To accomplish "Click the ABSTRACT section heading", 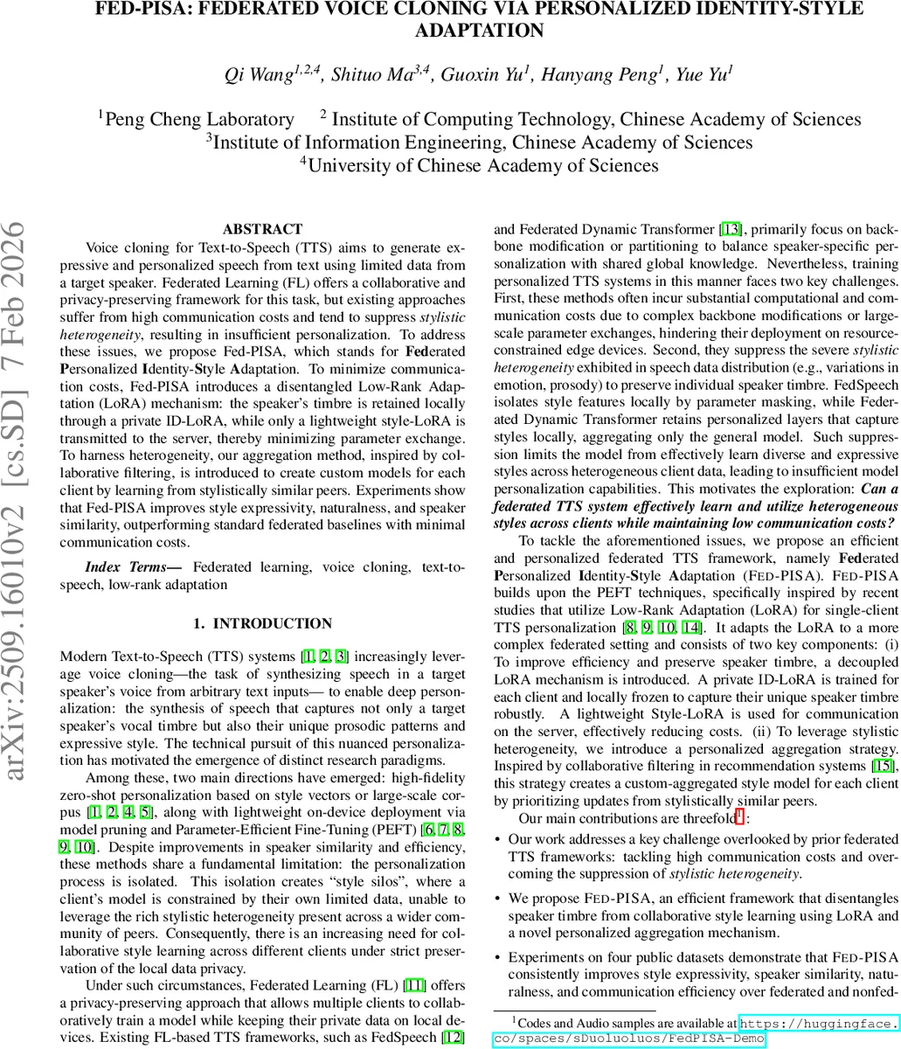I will tap(262, 229).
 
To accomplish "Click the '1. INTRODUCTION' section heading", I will tap(262, 623).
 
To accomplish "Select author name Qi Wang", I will tap(259, 74).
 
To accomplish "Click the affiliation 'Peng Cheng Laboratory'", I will tap(198, 120).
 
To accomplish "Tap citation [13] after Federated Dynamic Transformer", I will tap(730, 230).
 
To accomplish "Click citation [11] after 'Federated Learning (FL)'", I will tap(413, 986).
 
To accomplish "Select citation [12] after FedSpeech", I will tap(454, 1037).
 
